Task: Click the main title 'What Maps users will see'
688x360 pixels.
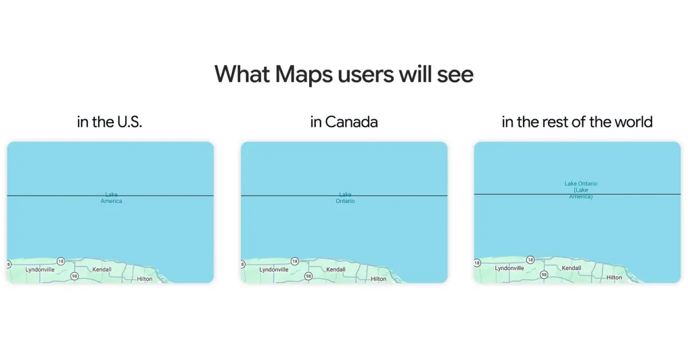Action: click(343, 75)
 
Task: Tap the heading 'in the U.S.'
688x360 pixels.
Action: click(110, 122)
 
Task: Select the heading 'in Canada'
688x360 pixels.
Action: click(343, 122)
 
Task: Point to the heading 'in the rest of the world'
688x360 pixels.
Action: click(577, 122)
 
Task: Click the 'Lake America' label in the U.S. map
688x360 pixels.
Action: click(111, 198)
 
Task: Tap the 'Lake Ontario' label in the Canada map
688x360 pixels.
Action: click(345, 198)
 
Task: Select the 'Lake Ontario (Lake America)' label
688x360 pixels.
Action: click(580, 190)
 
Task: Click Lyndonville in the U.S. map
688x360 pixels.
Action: click(40, 269)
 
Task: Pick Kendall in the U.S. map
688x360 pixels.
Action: click(102, 269)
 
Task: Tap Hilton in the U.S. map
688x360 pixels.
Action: click(144, 279)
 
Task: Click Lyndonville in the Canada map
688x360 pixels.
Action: click(273, 269)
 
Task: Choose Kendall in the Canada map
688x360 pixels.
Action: click(336, 269)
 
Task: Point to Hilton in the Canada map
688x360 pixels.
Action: click(378, 279)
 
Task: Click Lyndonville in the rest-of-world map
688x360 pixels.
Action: click(509, 268)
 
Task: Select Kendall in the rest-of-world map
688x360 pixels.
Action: click(571, 268)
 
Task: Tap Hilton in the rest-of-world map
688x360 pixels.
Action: click(614, 277)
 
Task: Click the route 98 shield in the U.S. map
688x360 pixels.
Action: click(75, 276)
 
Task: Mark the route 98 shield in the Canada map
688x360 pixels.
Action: click(308, 276)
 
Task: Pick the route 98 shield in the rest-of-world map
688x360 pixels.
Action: click(544, 275)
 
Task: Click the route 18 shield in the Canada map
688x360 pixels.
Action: click(295, 261)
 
